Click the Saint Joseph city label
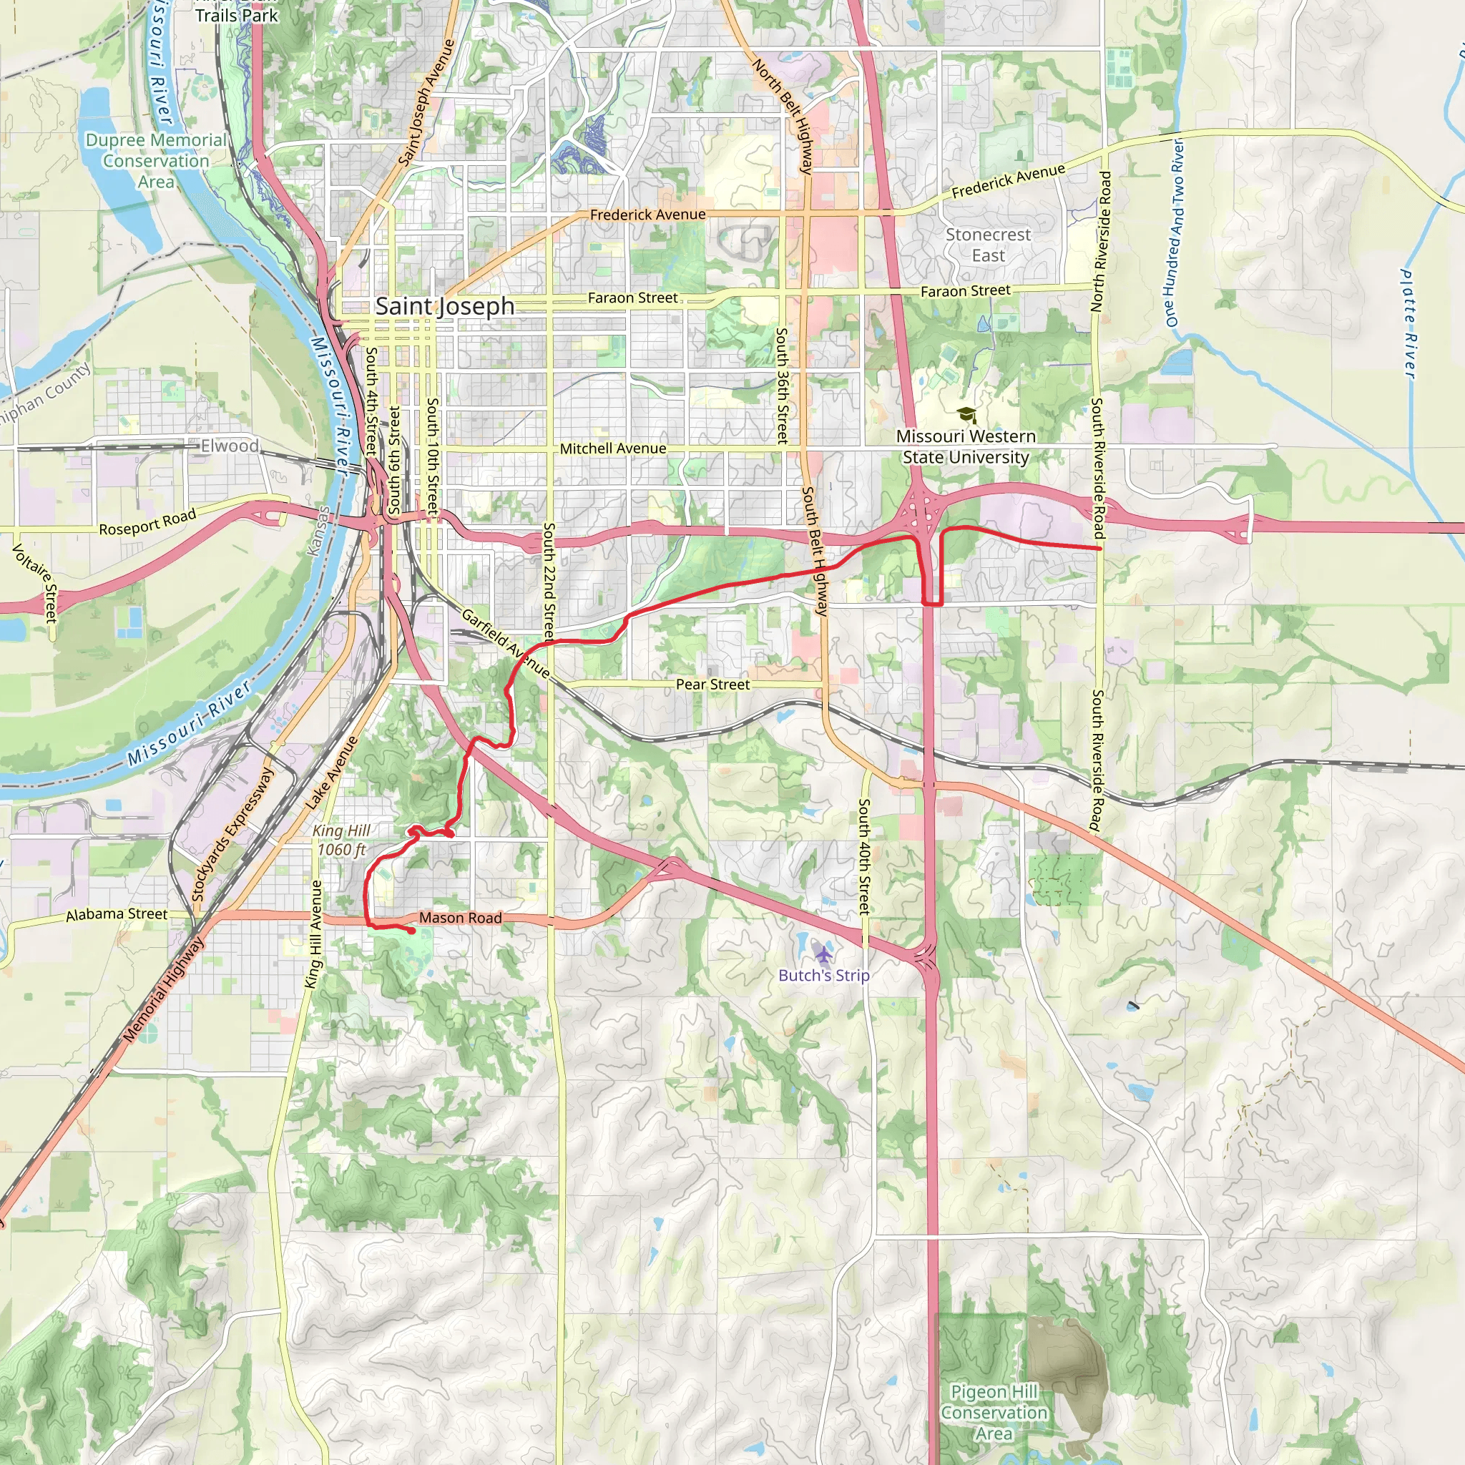tap(445, 306)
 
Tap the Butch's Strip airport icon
tap(823, 951)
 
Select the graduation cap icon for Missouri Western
tap(965, 415)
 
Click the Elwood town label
tap(230, 446)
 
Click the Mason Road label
tap(460, 918)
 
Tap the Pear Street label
tap(712, 684)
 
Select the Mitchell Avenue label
tap(613, 448)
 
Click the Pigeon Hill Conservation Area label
tap(994, 1412)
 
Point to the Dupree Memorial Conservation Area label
tap(155, 161)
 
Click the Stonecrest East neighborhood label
tap(988, 245)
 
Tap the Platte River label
tap(1408, 324)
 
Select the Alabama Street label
tap(116, 914)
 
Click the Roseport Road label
tap(147, 521)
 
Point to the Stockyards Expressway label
tap(232, 834)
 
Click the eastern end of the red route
tap(1099, 547)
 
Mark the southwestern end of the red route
tap(412, 931)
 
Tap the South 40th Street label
tap(863, 856)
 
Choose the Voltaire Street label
tap(34, 582)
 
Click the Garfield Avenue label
tap(505, 643)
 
